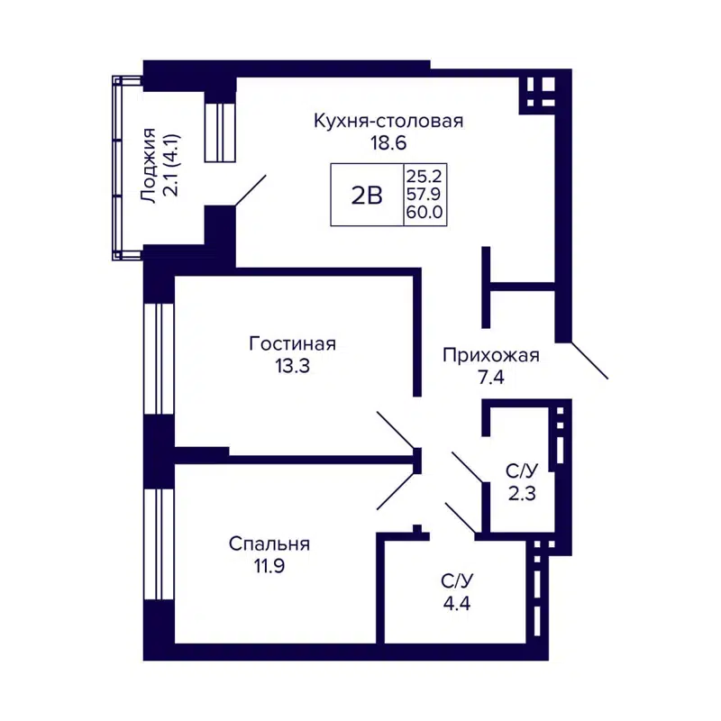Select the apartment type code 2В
tap(367, 195)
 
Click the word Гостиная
tap(292, 344)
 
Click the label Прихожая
tap(490, 355)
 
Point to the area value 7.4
tap(490, 378)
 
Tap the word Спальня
tap(269, 544)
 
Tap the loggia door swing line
tap(251, 192)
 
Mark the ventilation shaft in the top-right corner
tap(541, 91)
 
